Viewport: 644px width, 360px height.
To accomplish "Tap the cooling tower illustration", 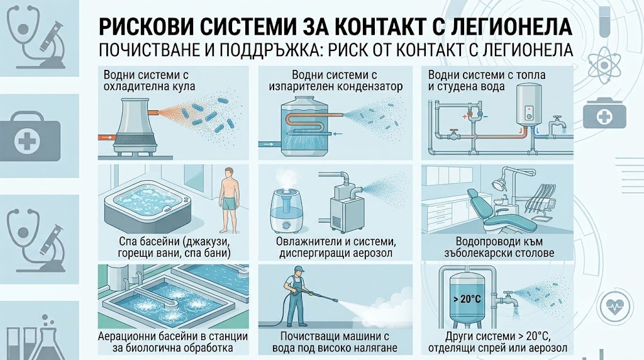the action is click(x=136, y=127).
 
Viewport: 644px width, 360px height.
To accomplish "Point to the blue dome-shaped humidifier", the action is click(x=286, y=208).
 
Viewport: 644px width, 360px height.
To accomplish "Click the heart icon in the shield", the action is click(x=614, y=306).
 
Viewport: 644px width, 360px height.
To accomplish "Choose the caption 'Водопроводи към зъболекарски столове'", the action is click(x=499, y=247).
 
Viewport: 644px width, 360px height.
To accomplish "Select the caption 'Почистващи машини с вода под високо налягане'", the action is click(x=335, y=342).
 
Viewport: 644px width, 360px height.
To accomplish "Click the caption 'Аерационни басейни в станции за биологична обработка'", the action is click(x=173, y=342).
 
